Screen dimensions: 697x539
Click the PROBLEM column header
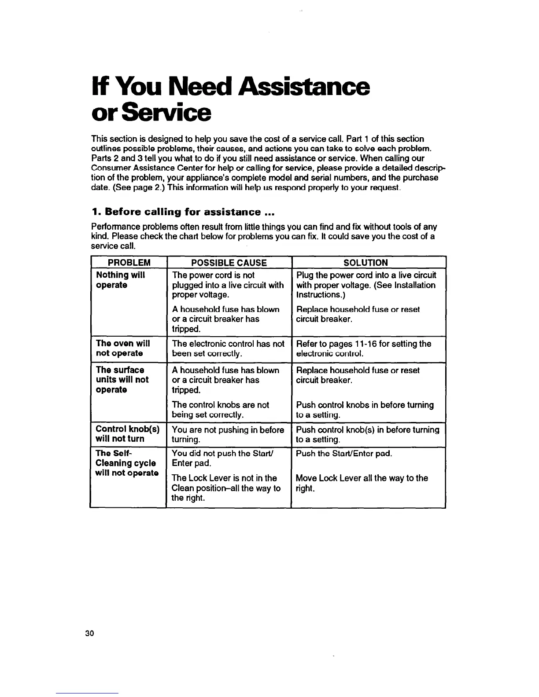coord(129,263)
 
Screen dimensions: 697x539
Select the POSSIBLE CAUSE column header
coord(229,263)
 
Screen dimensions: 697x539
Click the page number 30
coord(90,633)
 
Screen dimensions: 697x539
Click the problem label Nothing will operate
coord(120,280)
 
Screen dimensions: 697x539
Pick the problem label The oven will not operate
coord(123,348)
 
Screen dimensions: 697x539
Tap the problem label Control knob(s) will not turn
coord(127,434)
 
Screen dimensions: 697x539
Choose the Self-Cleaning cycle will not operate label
coord(127,463)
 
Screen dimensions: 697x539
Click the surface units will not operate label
coord(122,380)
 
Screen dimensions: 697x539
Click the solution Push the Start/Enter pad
coord(343,453)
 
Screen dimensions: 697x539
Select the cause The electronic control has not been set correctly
coord(228,348)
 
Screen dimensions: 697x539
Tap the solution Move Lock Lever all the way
coord(362,483)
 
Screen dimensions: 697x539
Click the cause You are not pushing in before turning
coord(228,434)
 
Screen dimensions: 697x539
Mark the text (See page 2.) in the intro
coord(136,187)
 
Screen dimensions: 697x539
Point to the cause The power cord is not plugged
coord(228,285)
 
